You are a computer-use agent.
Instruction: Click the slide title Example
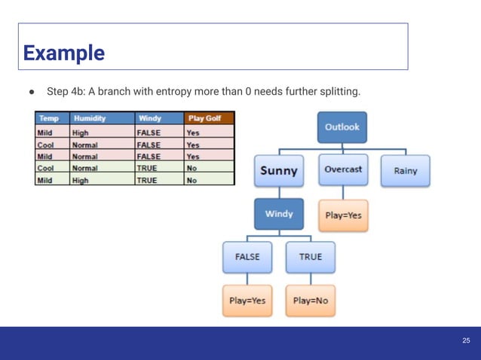tap(63, 53)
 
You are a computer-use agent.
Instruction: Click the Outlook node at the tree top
tap(342, 127)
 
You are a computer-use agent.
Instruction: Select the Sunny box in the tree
tap(279, 170)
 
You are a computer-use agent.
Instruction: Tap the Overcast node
tap(343, 170)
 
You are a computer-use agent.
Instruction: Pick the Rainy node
tap(405, 171)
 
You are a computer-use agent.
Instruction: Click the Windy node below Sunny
tap(279, 214)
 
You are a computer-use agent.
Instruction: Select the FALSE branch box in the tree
tap(247, 257)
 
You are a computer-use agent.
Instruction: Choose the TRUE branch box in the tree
tap(310, 257)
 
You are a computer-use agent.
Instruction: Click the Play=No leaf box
tap(310, 301)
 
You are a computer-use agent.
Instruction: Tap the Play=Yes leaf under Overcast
tap(343, 215)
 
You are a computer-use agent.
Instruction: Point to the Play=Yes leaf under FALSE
tap(247, 301)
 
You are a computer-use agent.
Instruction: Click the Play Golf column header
tap(208, 118)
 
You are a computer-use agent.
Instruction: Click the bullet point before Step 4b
tap(32, 92)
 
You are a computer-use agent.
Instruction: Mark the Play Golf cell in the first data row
tap(208, 132)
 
